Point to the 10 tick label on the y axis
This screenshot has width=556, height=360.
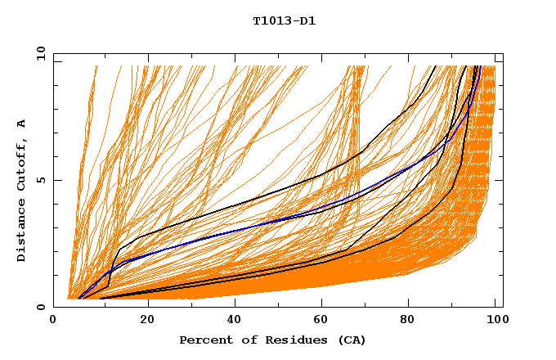(38, 54)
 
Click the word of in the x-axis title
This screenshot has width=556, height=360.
(249, 340)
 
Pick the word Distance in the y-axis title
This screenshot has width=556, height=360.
(22, 232)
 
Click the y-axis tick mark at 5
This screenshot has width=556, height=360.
(56, 181)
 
